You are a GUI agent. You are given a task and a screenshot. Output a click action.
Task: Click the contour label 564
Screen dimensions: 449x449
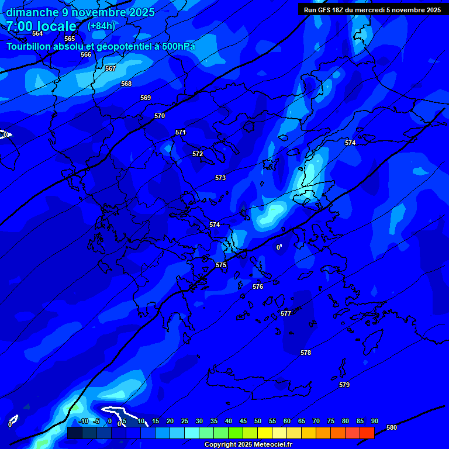[37, 33]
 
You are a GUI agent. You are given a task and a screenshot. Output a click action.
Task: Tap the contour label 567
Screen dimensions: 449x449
[110, 68]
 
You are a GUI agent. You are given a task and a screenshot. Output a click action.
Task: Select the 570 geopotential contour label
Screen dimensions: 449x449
[160, 116]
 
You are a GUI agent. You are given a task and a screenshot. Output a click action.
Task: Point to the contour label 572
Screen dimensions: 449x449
[198, 154]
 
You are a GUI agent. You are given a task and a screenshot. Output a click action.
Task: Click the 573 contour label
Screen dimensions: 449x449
[220, 178]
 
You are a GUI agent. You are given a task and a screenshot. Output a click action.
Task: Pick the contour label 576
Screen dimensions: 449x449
[258, 286]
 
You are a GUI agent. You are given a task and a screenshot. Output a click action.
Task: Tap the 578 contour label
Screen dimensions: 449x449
[306, 353]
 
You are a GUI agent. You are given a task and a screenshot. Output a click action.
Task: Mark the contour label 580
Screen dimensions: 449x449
[392, 427]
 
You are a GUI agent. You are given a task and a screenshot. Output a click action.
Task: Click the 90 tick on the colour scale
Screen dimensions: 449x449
[374, 421]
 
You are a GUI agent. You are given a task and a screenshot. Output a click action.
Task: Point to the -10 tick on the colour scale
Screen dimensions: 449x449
[83, 421]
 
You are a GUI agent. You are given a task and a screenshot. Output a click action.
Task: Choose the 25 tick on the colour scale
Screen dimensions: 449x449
[184, 421]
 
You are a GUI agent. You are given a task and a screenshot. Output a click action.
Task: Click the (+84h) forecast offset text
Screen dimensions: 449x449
[101, 26]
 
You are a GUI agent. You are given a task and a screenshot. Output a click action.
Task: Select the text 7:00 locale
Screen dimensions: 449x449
[41, 26]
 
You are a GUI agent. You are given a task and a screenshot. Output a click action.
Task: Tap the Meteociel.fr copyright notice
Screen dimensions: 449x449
[247, 444]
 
